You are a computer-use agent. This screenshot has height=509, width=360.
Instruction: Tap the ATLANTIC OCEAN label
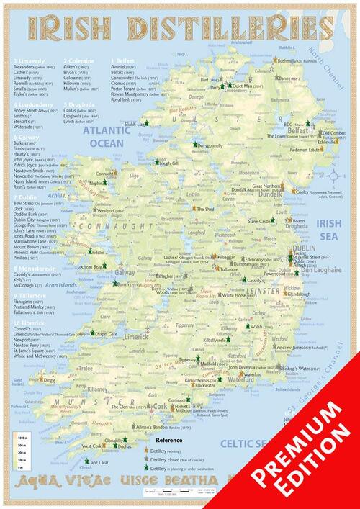click(x=107, y=137)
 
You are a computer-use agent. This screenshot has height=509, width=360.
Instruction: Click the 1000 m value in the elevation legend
click(x=22, y=418)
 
